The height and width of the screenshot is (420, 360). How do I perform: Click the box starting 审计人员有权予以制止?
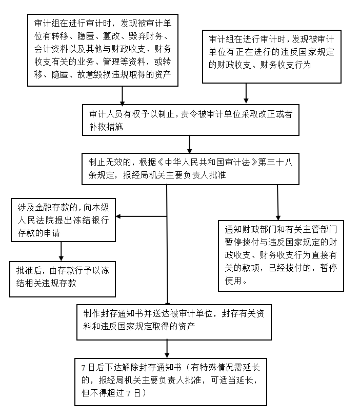[190, 119]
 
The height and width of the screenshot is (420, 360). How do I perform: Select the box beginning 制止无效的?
[190, 169]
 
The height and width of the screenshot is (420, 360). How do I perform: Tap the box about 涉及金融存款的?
[63, 220]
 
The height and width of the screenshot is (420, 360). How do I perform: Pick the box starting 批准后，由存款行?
[63, 279]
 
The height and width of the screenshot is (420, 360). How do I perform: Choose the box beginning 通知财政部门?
[281, 255]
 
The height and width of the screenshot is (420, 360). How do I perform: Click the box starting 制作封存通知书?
[174, 322]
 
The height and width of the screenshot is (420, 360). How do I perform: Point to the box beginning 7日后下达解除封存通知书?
[171, 382]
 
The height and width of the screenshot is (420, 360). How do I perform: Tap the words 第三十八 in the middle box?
[275, 163]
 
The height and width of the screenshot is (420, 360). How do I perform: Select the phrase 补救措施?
[106, 127]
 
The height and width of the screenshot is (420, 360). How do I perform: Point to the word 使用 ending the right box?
[233, 281]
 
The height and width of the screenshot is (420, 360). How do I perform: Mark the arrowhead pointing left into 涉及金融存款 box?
[118, 216]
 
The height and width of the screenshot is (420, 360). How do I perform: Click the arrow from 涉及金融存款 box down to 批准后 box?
[62, 251]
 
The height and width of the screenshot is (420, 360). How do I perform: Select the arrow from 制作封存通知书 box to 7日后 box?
[167, 349]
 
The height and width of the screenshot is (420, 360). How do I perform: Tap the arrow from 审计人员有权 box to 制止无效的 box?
[190, 144]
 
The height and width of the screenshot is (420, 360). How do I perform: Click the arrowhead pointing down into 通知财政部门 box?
[278, 217]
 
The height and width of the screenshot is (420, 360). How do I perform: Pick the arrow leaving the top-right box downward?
[246, 93]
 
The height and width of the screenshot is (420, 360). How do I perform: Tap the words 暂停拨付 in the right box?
[242, 242]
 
